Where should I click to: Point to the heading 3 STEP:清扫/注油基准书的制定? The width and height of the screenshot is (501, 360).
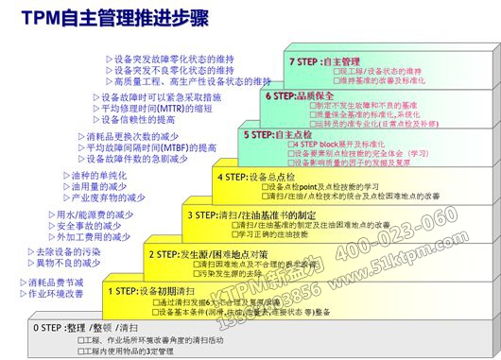[x=250, y=215]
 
